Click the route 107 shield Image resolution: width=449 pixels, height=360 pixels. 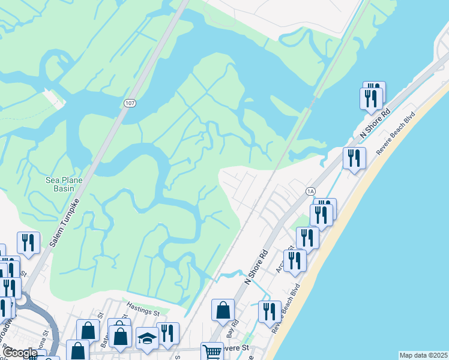(130, 103)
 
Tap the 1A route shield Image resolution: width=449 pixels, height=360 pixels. (310, 191)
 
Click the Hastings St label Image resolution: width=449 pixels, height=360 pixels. (143, 313)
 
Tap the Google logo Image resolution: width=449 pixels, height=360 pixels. (20, 353)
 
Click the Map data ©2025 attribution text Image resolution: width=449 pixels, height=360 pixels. (423, 355)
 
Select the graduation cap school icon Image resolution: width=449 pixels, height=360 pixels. (147, 338)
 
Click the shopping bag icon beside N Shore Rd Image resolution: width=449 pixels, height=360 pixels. (223, 310)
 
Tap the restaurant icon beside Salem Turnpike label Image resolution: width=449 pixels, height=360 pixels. (28, 242)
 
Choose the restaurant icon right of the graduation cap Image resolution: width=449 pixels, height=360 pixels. (167, 334)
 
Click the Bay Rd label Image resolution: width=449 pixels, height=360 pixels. (233, 332)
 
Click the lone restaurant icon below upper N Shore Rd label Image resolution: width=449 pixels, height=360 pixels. (354, 158)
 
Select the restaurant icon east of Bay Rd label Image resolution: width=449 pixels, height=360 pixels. (270, 312)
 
